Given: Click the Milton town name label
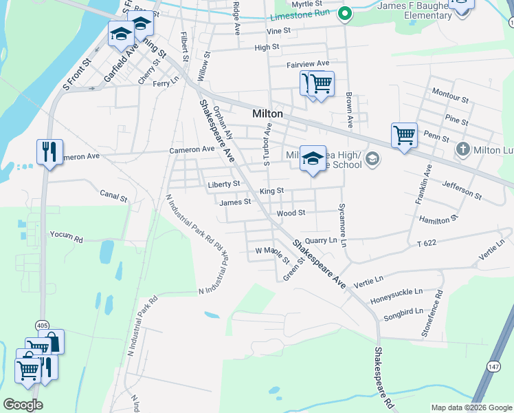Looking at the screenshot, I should [x=267, y=114].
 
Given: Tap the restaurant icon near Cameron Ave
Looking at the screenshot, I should [x=49, y=151].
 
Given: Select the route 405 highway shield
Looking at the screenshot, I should [x=43, y=325].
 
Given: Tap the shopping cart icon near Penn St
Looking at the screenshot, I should [x=404, y=135].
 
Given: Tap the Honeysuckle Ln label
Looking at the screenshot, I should [x=396, y=293].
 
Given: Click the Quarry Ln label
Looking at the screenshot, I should [x=321, y=240].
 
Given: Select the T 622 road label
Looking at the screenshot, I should [x=427, y=244].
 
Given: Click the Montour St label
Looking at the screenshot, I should [x=451, y=96].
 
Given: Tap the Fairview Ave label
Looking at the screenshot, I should [x=308, y=63].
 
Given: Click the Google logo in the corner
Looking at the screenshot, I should [x=23, y=405].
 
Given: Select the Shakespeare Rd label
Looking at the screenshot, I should [x=383, y=379].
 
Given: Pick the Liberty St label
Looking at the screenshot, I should [x=224, y=184].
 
